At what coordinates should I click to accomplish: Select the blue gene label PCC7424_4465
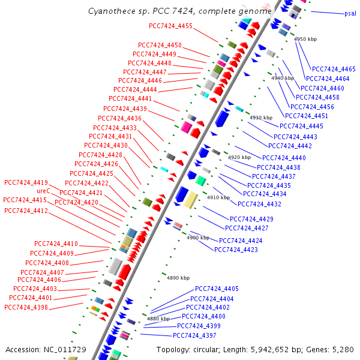[334, 69]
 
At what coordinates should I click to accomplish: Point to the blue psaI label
[350, 13]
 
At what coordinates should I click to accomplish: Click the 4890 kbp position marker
[178, 278]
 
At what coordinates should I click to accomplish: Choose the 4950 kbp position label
[305, 39]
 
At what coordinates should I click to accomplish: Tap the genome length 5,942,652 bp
[273, 349]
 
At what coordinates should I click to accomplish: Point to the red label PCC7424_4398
[26, 307]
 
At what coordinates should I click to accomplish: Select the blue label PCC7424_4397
[194, 335]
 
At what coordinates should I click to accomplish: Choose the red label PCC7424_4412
[26, 211]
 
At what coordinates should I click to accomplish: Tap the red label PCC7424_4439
[125, 109]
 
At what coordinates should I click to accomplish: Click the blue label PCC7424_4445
[301, 126]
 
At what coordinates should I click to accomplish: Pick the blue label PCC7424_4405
[217, 289]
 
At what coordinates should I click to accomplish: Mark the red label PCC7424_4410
[56, 244]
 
